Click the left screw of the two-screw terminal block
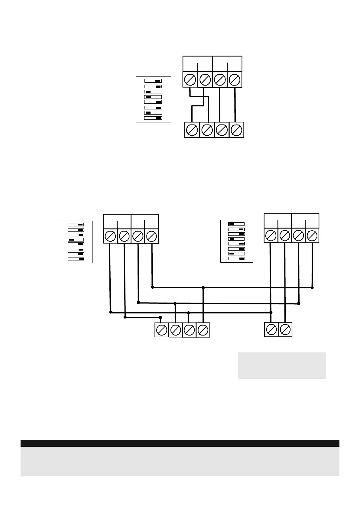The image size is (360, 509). (271, 329)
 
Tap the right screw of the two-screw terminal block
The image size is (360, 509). (285, 329)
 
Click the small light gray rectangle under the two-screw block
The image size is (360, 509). (282, 365)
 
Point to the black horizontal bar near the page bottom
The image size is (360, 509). (180, 443)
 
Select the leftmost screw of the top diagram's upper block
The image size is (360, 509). (190, 80)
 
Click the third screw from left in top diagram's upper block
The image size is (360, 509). (220, 80)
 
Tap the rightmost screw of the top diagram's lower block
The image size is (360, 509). (236, 130)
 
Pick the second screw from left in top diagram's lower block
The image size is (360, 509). (207, 130)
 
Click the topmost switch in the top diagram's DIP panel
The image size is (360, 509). (153, 81)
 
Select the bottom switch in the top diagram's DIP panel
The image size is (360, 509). (153, 118)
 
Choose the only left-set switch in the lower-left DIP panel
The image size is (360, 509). (76, 239)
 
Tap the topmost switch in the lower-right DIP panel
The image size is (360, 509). (236, 224)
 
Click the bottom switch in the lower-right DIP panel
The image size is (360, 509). (236, 259)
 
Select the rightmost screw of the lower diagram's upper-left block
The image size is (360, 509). (151, 236)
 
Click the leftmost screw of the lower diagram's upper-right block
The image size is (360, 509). (271, 235)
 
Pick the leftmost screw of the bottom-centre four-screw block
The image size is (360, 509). (162, 330)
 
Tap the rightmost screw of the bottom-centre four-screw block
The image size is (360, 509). (203, 330)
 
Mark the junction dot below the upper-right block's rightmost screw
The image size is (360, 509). (312, 288)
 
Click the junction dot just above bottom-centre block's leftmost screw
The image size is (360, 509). (161, 317)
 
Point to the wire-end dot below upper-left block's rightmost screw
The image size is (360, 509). (152, 287)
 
